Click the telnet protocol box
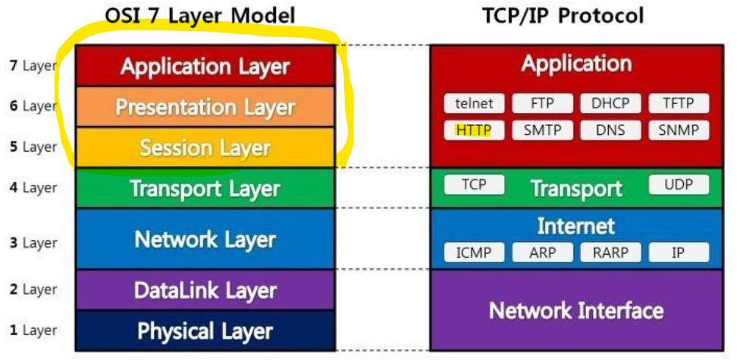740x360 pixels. (474, 104)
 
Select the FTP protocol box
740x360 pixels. (542, 104)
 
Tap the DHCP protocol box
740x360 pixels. (610, 104)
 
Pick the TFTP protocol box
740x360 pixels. (679, 104)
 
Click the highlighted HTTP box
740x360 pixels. (474, 130)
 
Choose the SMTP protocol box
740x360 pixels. (542, 130)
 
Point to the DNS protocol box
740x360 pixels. (610, 130)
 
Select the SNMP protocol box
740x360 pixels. (679, 130)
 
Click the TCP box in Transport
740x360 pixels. (474, 184)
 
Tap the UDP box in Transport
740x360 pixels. (679, 184)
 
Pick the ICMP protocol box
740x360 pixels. (474, 252)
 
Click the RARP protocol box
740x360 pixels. (610, 252)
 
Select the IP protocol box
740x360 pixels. (679, 252)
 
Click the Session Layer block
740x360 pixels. (205, 148)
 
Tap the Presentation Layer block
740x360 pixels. (205, 107)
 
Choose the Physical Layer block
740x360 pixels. (205, 331)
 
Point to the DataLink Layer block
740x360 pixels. (205, 290)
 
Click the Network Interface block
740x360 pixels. (576, 310)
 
